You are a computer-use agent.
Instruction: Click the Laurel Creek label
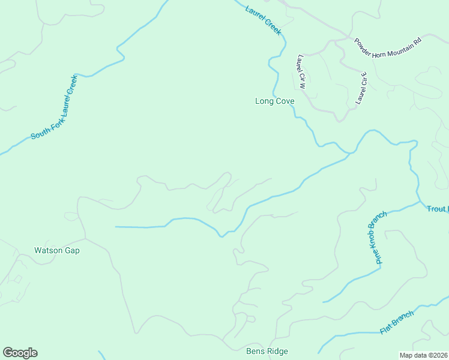[x=263, y=19]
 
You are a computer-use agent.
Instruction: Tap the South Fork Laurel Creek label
[x=55, y=107]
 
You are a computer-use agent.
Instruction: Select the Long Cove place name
[x=275, y=101]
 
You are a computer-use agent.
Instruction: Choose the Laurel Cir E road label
[x=361, y=88]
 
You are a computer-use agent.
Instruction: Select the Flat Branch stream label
[x=397, y=323]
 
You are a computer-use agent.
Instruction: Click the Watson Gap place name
[x=56, y=250]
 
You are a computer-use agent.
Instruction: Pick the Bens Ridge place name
[x=267, y=351]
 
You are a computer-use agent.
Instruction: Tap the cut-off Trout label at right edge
[x=437, y=209]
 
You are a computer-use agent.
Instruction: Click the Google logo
[x=20, y=353]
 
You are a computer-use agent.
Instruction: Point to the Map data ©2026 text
[x=424, y=355]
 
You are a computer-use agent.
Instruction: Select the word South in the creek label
[x=39, y=132]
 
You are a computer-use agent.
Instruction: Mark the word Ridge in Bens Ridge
[x=277, y=351]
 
